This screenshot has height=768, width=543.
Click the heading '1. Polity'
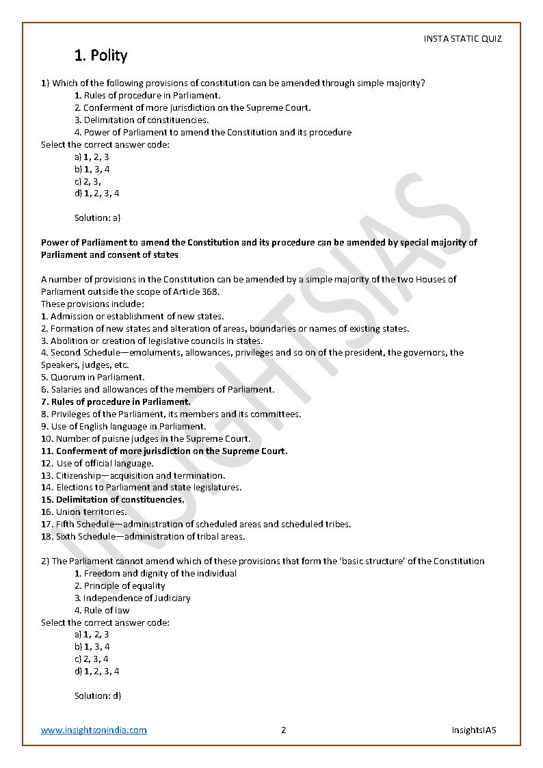coord(101,55)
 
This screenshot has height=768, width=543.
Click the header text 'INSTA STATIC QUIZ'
coord(462,39)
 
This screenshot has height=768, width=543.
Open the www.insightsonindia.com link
coord(94,730)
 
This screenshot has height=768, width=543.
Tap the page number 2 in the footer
coord(283,730)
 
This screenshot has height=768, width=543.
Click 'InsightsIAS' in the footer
coord(474,730)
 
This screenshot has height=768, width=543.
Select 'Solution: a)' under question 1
coord(97,218)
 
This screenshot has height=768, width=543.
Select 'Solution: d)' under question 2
coord(98,696)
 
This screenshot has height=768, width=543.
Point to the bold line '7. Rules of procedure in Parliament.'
coord(116,402)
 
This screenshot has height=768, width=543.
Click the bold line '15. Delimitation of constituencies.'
coord(113,500)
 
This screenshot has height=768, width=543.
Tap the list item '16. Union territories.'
coord(83,512)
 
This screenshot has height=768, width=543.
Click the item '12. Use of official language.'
coord(97,463)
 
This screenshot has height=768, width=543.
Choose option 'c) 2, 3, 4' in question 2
coord(92,659)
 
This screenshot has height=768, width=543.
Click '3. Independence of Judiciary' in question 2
coord(132,598)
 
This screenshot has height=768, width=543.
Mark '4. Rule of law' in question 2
coord(102,611)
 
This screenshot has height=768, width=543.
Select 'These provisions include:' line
coord(92,304)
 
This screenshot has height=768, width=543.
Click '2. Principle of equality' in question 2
coord(120,586)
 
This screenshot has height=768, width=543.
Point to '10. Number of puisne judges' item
coord(145,439)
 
